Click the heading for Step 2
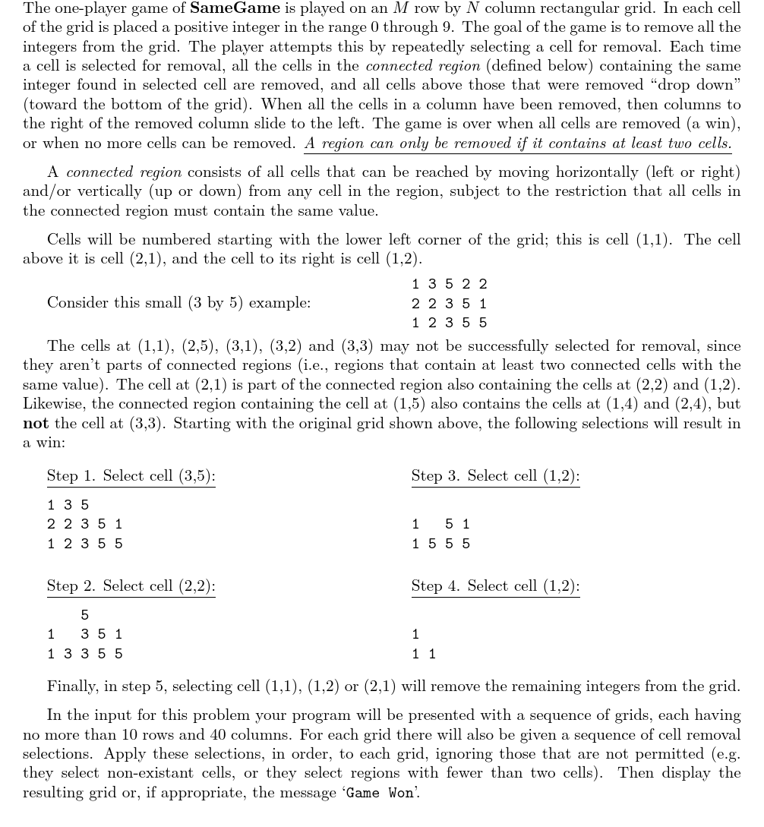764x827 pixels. (131, 586)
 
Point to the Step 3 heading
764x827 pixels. (495, 475)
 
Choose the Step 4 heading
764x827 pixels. (495, 586)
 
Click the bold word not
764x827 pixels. (35, 423)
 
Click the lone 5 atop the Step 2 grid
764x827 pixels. (84, 614)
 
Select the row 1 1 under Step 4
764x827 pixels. (424, 653)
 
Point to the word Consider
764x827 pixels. (77, 302)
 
